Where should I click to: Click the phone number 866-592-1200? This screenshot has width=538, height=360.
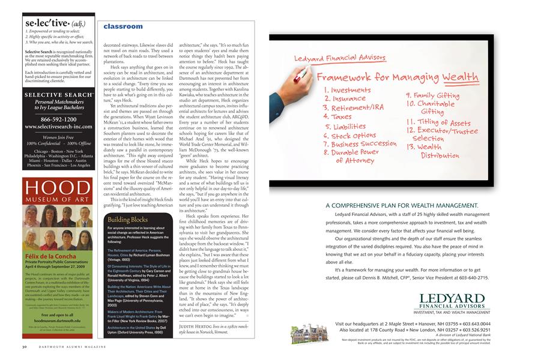[58, 119]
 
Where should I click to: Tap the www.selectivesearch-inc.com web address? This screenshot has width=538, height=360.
[58, 127]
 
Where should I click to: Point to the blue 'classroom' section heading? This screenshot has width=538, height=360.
[123, 26]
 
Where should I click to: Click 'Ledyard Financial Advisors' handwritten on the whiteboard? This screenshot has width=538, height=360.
[331, 59]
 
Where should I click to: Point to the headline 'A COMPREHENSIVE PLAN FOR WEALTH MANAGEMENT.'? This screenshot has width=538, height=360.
[402, 205]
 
